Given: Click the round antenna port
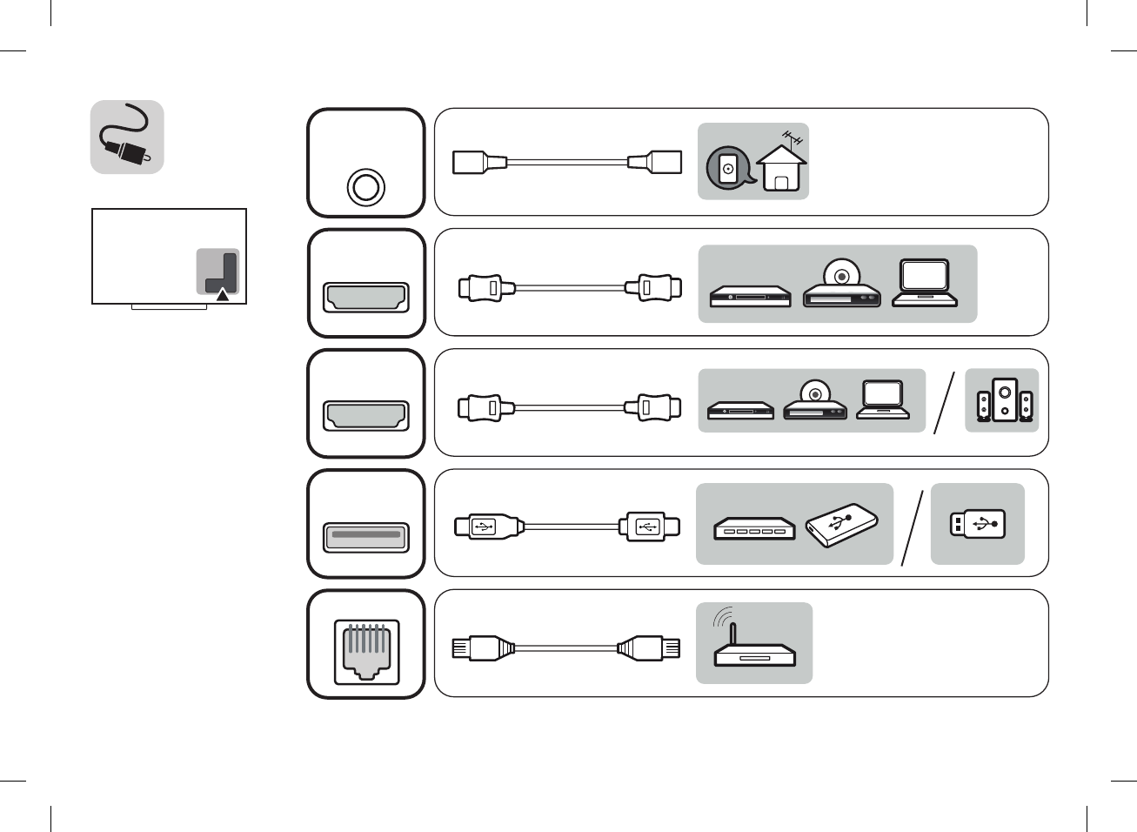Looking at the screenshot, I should [x=365, y=187].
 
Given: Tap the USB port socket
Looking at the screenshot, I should [x=366, y=536].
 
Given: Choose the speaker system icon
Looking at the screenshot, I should [x=1003, y=400].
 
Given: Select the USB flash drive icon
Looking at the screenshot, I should [x=978, y=524].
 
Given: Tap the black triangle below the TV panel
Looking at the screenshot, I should [x=223, y=295].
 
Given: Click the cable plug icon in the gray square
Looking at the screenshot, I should [x=127, y=138].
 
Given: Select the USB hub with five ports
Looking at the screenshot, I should [x=754, y=528].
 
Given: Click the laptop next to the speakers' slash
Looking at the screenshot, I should [x=883, y=399].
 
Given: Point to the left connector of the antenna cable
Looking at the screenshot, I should [x=479, y=162].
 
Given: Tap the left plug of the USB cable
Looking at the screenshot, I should [x=487, y=527].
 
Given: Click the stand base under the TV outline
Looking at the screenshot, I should [x=169, y=306].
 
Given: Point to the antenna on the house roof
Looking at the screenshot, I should [x=793, y=138].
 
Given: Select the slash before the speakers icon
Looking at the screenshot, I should [x=944, y=402].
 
